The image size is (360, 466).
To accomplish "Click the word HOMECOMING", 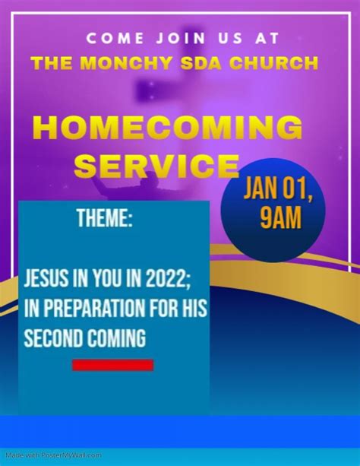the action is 168,128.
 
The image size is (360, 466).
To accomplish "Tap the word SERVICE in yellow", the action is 156,165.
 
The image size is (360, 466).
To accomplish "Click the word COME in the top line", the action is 115,39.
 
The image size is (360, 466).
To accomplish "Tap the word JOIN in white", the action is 181,39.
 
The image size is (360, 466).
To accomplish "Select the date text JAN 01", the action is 278,189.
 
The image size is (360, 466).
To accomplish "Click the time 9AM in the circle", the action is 281,217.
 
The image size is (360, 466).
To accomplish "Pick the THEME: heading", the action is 105,218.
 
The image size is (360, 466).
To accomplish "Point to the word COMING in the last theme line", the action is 117,338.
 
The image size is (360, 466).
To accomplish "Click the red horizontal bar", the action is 113,365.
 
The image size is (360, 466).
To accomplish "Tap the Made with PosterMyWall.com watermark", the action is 54,455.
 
